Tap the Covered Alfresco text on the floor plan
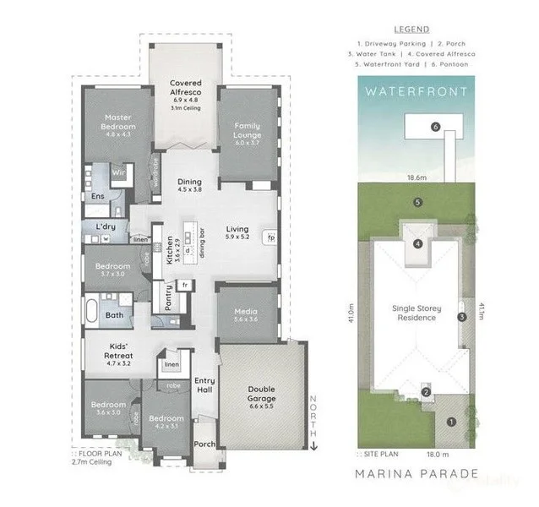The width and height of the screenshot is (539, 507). coord(185,89)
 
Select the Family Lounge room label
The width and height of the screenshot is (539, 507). coord(247,131)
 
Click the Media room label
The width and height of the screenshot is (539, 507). coord(247,313)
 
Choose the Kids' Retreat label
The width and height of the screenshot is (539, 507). coord(117,348)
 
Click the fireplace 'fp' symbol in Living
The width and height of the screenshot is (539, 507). coord(270,237)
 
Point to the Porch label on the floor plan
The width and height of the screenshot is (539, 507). coord(204,444)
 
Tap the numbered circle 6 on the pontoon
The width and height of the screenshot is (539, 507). coord(435,127)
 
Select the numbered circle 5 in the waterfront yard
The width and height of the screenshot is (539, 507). coord(417,203)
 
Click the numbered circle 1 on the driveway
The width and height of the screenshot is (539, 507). coord(451,421)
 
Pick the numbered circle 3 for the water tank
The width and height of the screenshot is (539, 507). coord(461,318)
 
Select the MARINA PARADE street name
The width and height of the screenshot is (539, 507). coord(417,473)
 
